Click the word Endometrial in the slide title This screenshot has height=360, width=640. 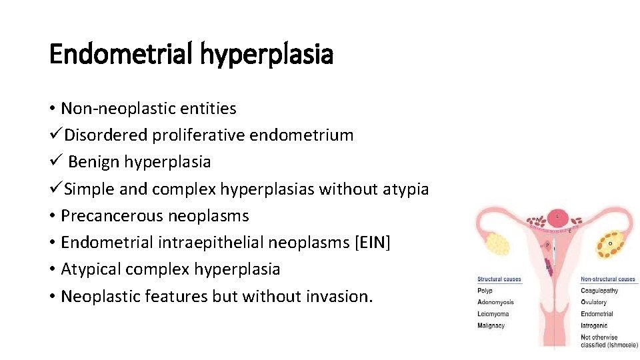(x=120, y=54)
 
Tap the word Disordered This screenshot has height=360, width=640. (x=106, y=135)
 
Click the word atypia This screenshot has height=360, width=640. (x=405, y=189)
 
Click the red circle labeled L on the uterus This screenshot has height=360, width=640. (x=557, y=217)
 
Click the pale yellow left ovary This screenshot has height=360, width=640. (x=498, y=243)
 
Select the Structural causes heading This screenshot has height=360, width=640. (x=499, y=279)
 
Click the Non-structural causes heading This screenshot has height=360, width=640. (x=608, y=279)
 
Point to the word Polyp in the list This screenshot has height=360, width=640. (x=485, y=291)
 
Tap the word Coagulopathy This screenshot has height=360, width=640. (x=599, y=291)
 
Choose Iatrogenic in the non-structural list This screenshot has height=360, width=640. (x=595, y=326)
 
